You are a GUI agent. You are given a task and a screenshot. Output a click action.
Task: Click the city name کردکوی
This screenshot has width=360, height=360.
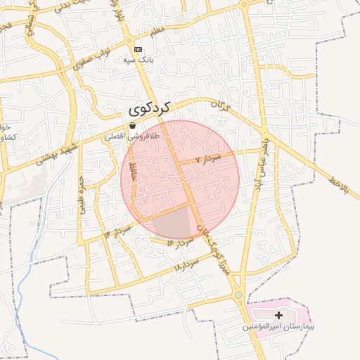(x=151, y=110)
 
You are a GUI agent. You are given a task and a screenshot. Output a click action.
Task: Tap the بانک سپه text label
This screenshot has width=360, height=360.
(x=139, y=60)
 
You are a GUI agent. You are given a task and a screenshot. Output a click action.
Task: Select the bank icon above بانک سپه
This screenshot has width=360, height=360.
(x=139, y=49)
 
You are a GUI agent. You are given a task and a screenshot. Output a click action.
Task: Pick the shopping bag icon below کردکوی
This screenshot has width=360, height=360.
(x=133, y=125)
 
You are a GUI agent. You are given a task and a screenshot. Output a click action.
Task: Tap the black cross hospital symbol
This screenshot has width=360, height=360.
(x=279, y=315)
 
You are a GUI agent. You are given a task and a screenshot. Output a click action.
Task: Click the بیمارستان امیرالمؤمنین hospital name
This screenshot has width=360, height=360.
(x=279, y=327)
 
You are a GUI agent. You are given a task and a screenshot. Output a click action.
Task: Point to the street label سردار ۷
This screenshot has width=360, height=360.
(x=209, y=159)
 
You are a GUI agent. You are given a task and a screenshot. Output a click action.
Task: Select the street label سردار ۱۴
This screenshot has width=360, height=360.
(x=118, y=229)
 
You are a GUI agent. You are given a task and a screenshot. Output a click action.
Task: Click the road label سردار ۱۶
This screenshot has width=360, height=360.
(x=179, y=240)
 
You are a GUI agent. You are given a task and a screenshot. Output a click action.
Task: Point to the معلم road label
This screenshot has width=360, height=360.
(x=156, y=31)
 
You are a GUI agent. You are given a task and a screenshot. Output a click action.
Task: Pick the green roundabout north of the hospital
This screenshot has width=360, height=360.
(x=238, y=295)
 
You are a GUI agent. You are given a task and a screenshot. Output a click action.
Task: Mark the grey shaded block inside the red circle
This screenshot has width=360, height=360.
(x=174, y=224)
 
